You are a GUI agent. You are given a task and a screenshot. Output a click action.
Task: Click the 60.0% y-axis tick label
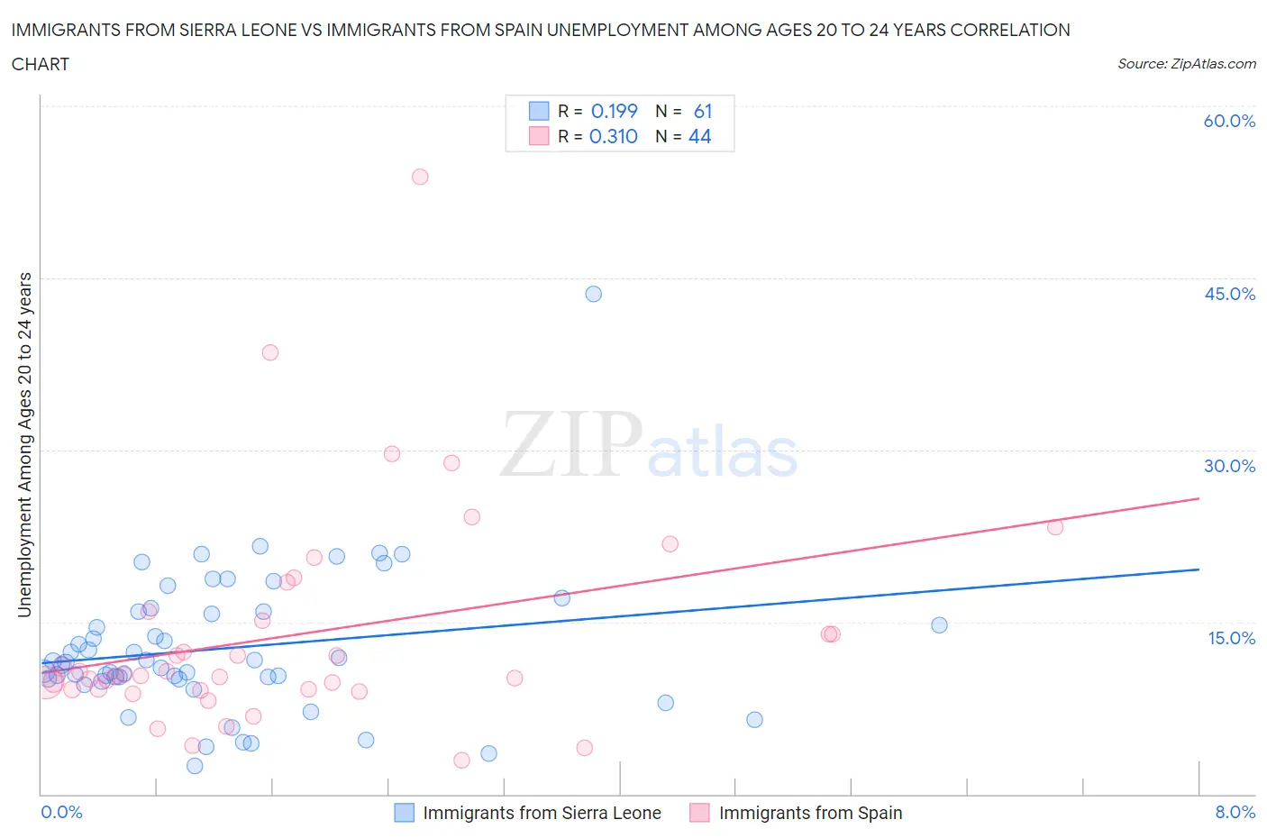coord(1229,121)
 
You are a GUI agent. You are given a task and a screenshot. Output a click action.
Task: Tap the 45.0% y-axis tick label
coord(1229,294)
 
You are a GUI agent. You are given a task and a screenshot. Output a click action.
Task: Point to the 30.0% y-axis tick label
coord(1229,466)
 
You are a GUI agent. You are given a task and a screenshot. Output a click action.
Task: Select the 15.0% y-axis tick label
coord(1231,638)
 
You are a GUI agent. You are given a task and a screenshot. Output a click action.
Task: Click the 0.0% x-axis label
coord(61,812)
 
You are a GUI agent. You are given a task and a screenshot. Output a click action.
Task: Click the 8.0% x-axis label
coord(1235,812)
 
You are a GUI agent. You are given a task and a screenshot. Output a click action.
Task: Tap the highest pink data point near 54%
coord(420,177)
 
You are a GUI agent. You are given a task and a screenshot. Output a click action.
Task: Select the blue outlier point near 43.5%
coord(593,294)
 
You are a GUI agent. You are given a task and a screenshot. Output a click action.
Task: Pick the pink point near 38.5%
coord(270,352)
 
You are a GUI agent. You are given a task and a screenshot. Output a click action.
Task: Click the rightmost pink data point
coord(1055,527)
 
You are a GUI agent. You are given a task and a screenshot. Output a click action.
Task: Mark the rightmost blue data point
coord(939,625)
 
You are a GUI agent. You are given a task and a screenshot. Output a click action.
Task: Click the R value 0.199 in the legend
coord(614,111)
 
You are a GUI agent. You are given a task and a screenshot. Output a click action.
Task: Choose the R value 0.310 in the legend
coord(613,136)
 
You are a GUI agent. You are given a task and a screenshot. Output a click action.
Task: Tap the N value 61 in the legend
coord(703,111)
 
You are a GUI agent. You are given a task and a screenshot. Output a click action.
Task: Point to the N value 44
coord(700,136)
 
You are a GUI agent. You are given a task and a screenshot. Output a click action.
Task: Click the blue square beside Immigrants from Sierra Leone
coord(405,813)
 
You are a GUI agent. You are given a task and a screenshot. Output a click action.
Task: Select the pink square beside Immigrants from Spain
coord(699,813)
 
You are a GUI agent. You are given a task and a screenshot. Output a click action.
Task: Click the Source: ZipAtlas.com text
coord(1186,63)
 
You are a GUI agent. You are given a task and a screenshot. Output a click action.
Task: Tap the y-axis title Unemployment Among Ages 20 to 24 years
coord(24,445)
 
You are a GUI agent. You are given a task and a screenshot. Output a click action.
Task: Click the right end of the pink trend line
coord(1199,498)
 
